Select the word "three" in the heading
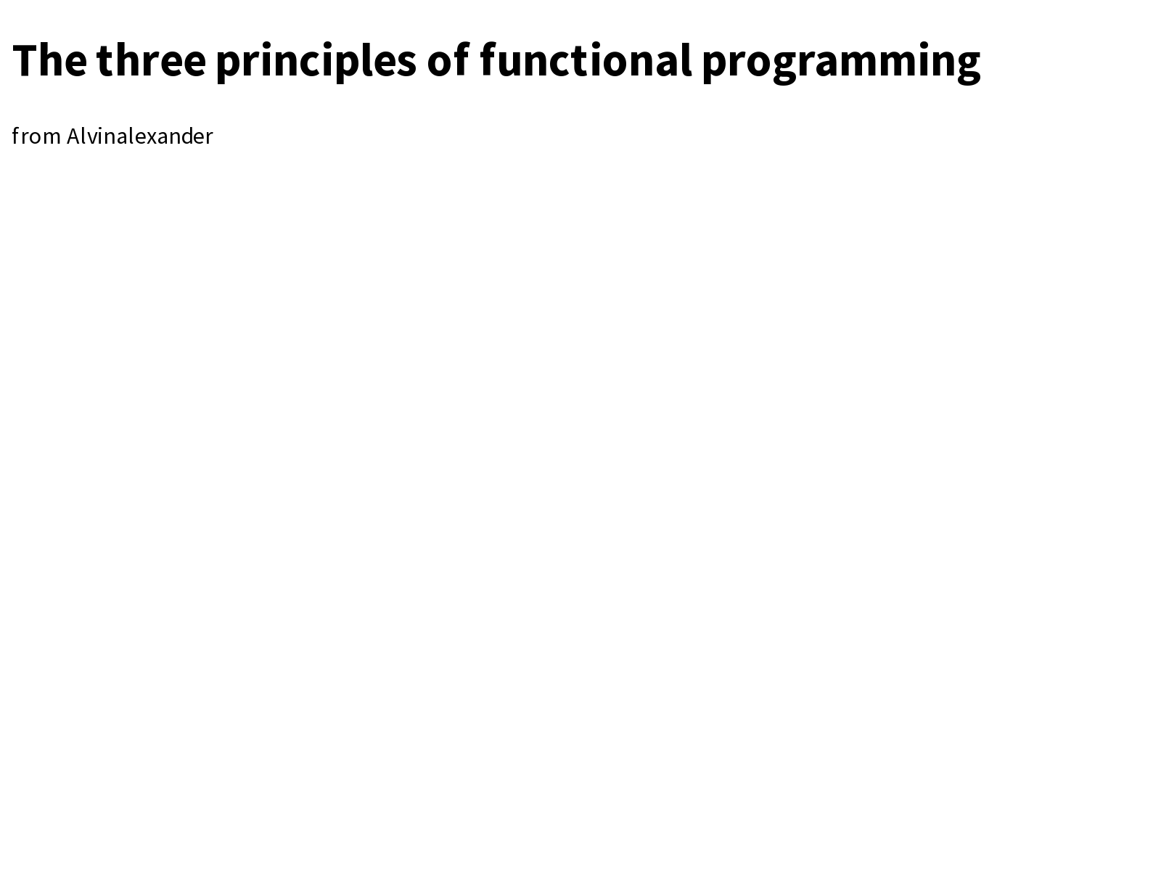coord(151,60)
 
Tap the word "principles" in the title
coord(316,62)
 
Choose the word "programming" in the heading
coord(841,62)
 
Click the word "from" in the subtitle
coord(36,136)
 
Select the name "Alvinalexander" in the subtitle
coord(140,136)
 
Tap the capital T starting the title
coord(26,60)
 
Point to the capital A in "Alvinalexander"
coord(73,136)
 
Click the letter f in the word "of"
coord(461,60)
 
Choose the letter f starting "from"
coord(16,136)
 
